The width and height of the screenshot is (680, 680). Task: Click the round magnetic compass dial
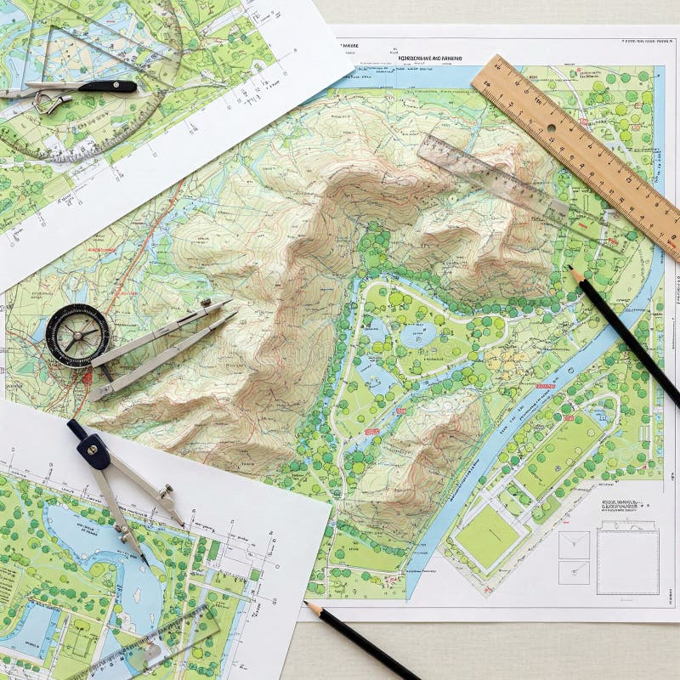pos(77,335)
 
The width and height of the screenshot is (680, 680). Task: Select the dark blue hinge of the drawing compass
pos(95,451)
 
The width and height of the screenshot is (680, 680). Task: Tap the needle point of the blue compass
pos(147,562)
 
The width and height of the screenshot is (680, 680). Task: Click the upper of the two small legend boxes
pos(574,545)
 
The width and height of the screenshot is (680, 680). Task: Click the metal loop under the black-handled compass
pos(51,103)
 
